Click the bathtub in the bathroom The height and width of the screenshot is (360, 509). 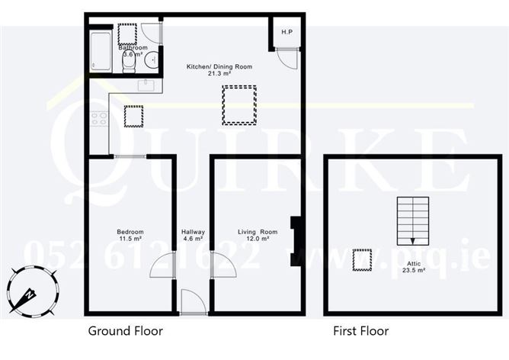pyautogui.click(x=101, y=51)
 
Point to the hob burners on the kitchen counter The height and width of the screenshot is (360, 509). pyautogui.click(x=99, y=118)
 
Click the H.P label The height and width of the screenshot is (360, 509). pyautogui.click(x=287, y=32)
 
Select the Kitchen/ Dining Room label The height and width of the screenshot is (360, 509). pyautogui.click(x=219, y=70)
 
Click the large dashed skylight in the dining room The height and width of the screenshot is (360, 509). pyautogui.click(x=239, y=104)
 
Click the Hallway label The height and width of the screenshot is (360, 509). pyautogui.click(x=192, y=235)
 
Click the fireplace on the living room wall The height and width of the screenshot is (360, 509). pyautogui.click(x=295, y=241)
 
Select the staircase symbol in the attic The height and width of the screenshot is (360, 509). pyautogui.click(x=412, y=217)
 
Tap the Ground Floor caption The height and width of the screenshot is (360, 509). pyautogui.click(x=126, y=331)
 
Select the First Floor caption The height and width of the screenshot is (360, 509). pyautogui.click(x=361, y=331)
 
